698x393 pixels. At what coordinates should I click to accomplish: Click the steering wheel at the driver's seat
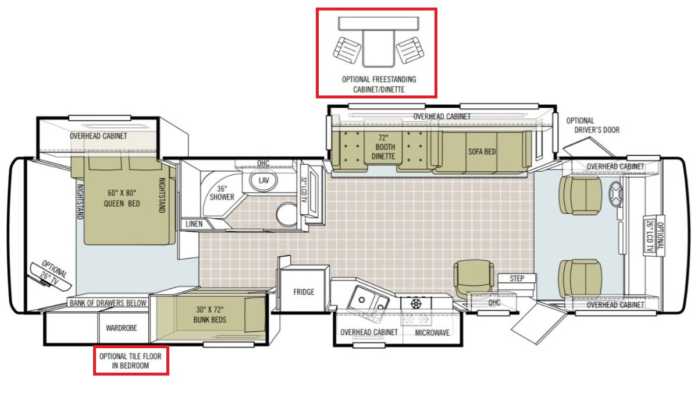[615, 194]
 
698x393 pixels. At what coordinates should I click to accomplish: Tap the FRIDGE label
[304, 292]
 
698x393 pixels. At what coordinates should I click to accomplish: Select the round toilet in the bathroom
[287, 214]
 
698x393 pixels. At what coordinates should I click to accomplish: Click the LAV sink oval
[263, 180]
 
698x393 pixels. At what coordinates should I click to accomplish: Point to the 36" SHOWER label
[222, 193]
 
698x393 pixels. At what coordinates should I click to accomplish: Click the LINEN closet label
[194, 224]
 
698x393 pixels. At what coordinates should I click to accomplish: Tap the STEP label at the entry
[517, 278]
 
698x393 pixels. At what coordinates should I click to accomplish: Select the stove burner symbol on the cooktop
[416, 303]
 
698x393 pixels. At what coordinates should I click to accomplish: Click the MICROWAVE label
[432, 333]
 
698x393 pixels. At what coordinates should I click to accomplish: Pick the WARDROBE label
[121, 328]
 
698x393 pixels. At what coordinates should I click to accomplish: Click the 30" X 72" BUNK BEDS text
[210, 314]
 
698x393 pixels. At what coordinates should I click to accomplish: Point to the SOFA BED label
[482, 151]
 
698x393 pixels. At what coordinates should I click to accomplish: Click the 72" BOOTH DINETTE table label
[383, 147]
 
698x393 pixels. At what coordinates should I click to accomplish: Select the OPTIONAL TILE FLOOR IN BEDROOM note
[130, 361]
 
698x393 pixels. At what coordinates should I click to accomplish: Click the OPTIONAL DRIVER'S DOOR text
[593, 125]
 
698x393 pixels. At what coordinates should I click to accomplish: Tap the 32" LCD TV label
[304, 190]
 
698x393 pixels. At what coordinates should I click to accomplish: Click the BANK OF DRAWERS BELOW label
[108, 303]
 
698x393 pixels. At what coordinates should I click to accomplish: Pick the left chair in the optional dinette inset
[347, 51]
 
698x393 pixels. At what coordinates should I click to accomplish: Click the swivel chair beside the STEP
[473, 278]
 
